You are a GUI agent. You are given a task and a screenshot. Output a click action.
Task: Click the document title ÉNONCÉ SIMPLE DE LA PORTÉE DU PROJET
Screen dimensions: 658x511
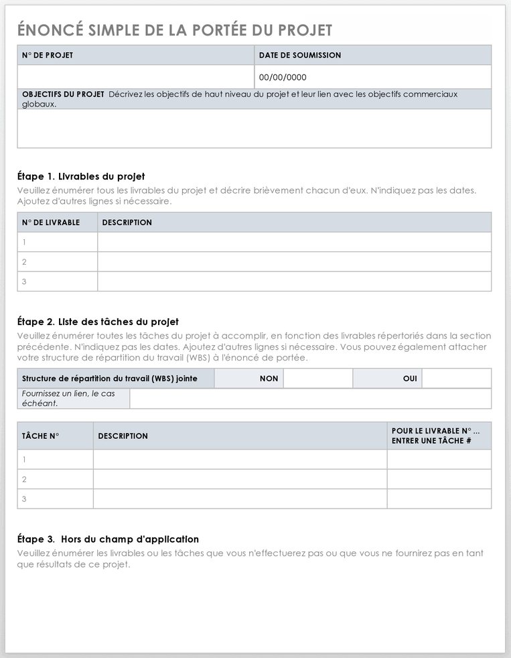click(175, 30)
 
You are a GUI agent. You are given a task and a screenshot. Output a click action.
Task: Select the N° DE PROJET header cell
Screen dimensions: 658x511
click(48, 55)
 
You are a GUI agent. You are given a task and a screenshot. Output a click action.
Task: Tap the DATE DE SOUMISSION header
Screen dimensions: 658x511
click(299, 55)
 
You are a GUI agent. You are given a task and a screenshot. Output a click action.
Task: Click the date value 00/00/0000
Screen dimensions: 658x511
click(283, 77)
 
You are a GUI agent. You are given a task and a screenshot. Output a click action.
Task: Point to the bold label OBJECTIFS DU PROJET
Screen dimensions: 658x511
click(63, 94)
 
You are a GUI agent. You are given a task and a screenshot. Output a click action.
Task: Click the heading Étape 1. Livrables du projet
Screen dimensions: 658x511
click(81, 177)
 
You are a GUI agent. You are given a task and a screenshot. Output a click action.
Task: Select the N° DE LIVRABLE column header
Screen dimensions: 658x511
click(51, 222)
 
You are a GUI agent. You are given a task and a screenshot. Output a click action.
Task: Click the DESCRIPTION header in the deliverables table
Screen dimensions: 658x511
click(127, 222)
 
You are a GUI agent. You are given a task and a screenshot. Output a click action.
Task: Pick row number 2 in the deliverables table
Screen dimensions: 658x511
click(24, 262)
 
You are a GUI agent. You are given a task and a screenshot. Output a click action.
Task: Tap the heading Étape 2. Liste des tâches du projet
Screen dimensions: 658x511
click(98, 322)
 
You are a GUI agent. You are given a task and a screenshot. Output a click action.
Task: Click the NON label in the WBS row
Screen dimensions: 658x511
click(269, 379)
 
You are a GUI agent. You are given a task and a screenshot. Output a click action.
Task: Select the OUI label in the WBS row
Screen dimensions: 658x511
click(410, 379)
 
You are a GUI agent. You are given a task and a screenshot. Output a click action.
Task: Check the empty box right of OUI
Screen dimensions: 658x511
click(456, 379)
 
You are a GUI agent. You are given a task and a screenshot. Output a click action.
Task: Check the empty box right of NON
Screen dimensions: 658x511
click(317, 379)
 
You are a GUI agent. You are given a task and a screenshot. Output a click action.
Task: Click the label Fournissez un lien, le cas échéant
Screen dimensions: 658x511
click(68, 399)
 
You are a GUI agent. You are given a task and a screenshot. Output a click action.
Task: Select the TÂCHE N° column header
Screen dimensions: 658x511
click(41, 436)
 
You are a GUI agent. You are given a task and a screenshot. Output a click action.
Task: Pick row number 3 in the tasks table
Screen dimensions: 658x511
click(24, 499)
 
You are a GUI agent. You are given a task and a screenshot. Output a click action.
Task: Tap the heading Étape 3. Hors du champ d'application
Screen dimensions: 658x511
click(108, 539)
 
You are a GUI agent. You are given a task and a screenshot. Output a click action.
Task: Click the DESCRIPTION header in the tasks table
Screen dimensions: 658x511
click(123, 436)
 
